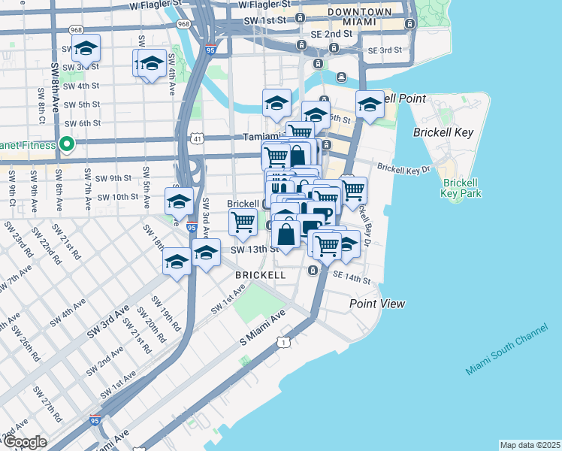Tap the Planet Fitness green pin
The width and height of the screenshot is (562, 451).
click(66, 144)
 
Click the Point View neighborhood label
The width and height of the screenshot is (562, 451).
click(377, 304)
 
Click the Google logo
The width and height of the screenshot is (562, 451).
click(25, 442)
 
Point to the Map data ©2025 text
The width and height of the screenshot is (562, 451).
click(530, 445)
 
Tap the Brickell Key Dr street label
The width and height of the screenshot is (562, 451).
click(403, 168)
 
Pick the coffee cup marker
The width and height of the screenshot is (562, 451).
click(321, 213)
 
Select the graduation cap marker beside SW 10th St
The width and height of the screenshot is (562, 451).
click(179, 202)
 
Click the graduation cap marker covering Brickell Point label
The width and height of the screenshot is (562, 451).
click(369, 105)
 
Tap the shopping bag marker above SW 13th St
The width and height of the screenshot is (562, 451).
click(286, 233)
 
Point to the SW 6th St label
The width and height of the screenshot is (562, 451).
click(82, 123)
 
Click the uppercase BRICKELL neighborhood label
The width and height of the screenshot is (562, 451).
click(261, 275)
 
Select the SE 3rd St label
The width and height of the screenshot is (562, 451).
click(385, 50)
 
